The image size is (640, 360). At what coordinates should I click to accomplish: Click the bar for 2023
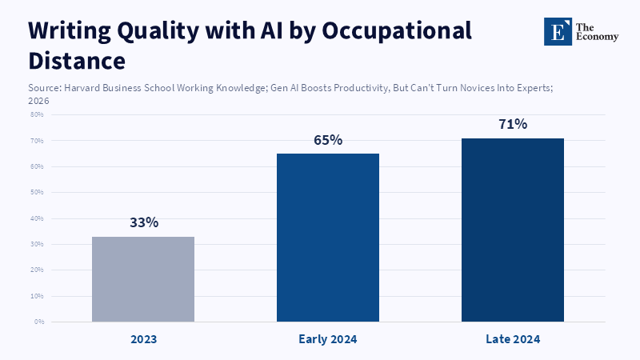(x=143, y=279)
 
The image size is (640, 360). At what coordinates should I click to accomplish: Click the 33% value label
(x=144, y=222)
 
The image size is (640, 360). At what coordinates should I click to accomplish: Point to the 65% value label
(x=328, y=140)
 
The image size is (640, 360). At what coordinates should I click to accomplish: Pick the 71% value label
(x=513, y=124)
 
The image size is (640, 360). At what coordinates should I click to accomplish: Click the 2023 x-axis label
(x=144, y=339)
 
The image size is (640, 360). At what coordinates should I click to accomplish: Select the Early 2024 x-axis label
(x=328, y=339)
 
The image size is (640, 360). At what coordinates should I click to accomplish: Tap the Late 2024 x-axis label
(x=513, y=339)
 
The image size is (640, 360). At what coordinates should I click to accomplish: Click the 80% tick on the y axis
(x=37, y=114)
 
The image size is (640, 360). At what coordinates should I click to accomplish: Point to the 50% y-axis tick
(x=37, y=193)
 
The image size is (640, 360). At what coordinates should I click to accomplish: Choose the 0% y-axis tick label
(x=38, y=322)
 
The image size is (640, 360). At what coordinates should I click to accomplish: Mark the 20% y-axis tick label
(x=37, y=270)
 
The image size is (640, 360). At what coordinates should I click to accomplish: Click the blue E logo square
(x=558, y=31)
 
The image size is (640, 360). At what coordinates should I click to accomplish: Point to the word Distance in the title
(x=77, y=61)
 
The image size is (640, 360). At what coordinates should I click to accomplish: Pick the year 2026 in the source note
(x=38, y=101)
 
